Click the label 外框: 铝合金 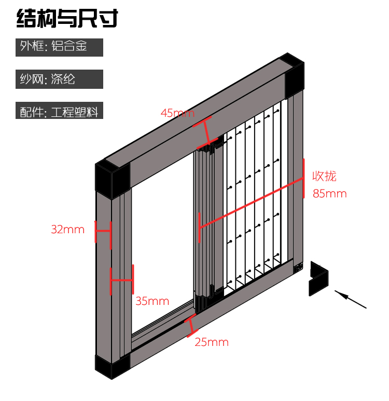pos(59,46)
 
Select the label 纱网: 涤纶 pos(59,79)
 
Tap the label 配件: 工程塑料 pos(59,111)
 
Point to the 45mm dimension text pos(177,112)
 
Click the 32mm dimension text pos(67,229)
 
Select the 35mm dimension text pos(152,301)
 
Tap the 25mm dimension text pos(212,342)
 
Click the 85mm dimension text pos(329,194)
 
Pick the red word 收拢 pos(324,176)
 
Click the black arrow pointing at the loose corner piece pos(351,299)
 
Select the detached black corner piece pos(318,278)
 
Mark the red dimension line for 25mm pos(191,324)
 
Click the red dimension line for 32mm pos(103,232)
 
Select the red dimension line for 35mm pos(122,279)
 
